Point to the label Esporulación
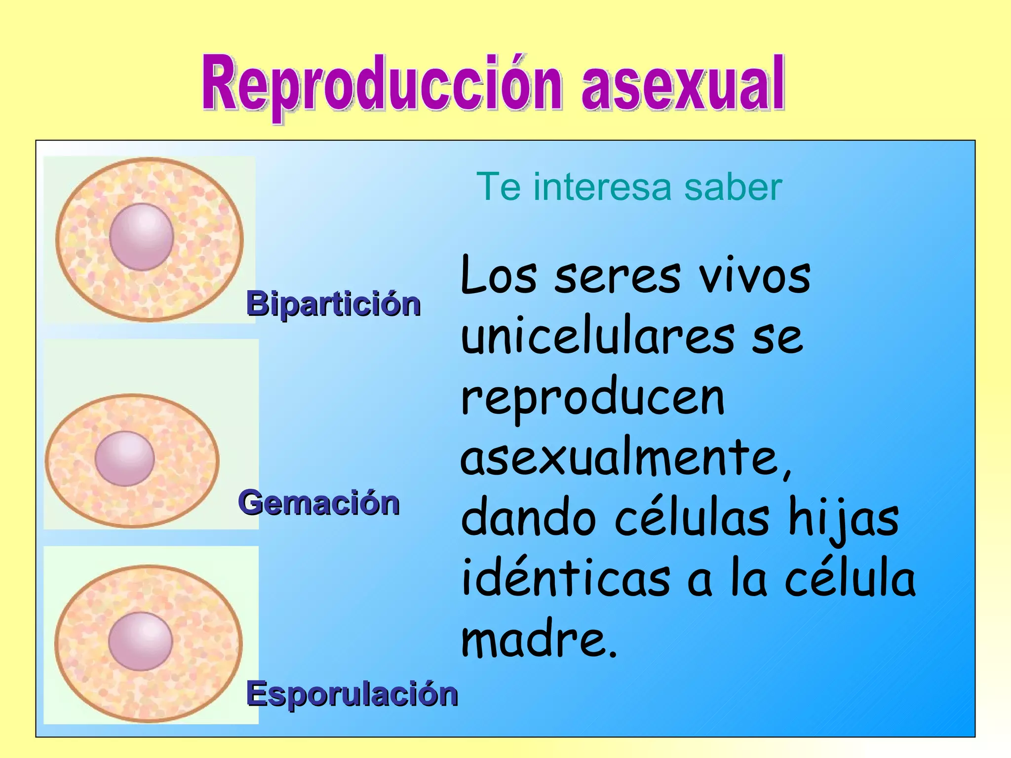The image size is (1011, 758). point(351,693)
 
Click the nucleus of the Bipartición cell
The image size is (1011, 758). point(142,237)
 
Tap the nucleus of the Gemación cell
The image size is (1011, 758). point(125,458)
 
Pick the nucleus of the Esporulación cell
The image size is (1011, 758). point(141,641)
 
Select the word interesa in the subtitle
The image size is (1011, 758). point(602,187)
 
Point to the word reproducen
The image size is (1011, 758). point(592,400)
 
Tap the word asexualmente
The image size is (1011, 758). point(624,459)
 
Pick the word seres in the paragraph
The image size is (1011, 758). point(617,277)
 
